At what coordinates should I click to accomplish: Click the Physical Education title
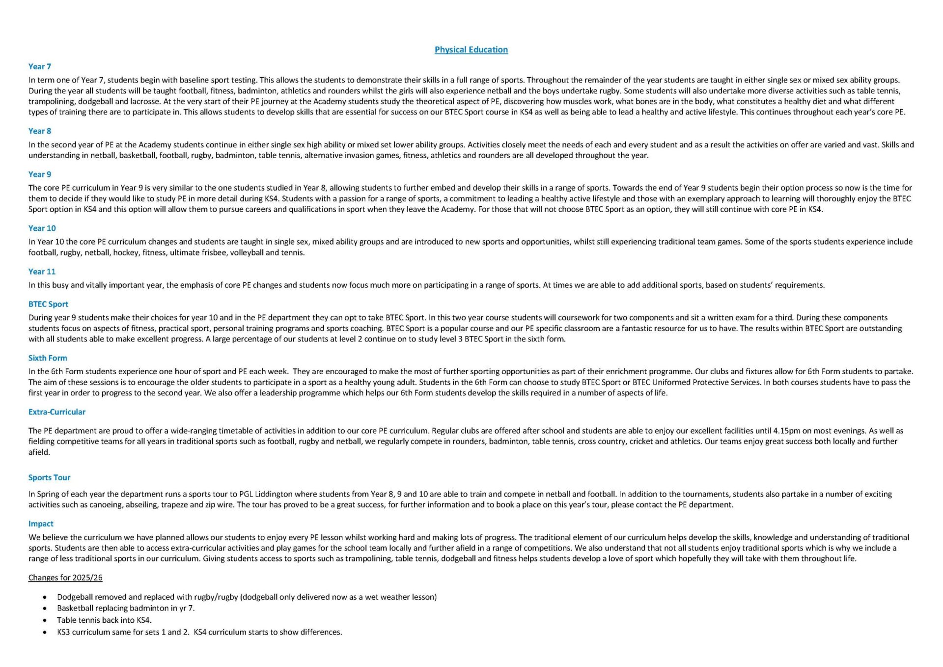tap(471, 50)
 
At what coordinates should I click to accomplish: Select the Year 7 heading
tap(40, 66)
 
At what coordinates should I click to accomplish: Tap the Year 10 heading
tap(42, 228)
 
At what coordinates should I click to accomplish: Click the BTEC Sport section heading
tap(48, 304)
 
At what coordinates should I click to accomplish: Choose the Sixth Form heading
tap(48, 358)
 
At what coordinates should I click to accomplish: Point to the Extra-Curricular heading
tap(57, 412)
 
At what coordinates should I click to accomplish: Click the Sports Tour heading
tap(49, 477)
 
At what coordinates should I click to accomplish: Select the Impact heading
tap(41, 524)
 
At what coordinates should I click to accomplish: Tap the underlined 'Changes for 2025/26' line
tap(65, 578)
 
